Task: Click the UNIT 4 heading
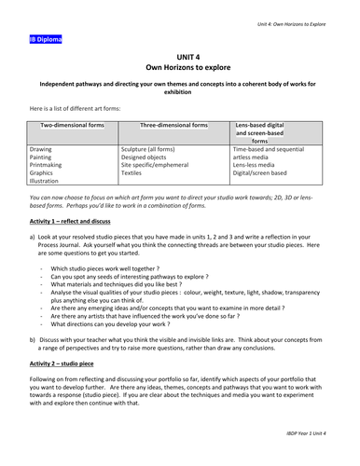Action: pyautogui.click(x=180, y=59)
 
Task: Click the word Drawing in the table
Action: pyautogui.click(x=41, y=148)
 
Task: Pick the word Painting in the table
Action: pyautogui.click(x=42, y=157)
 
